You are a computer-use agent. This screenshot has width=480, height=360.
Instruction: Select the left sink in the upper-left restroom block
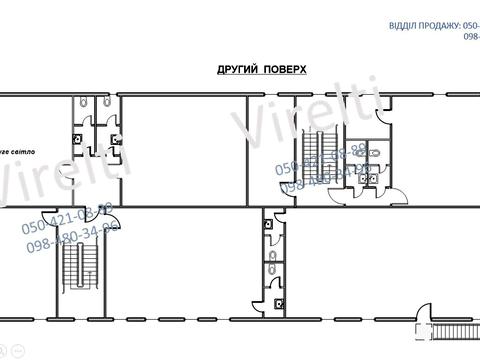point(78,138)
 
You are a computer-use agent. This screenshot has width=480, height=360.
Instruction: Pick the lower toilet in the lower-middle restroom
point(272,266)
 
